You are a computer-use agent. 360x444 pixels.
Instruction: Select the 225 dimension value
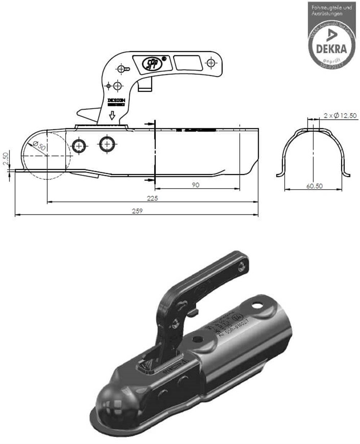click(153, 198)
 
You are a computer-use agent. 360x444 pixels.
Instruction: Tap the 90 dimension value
click(196, 185)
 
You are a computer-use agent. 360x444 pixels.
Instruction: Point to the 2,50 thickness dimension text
click(5, 158)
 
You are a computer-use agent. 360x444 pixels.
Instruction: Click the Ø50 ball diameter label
click(39, 146)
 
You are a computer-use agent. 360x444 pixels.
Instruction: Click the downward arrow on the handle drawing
click(112, 115)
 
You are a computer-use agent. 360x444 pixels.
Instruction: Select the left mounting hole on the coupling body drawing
click(79, 146)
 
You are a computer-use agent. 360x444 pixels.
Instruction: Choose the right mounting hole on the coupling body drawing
click(107, 144)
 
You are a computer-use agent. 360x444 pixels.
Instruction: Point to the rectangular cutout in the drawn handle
click(188, 63)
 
